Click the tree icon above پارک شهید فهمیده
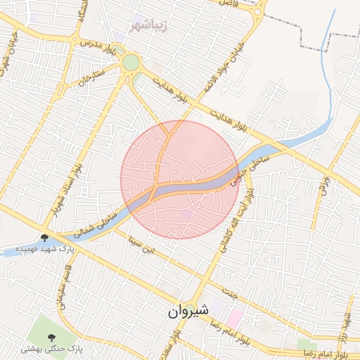[x=46, y=238]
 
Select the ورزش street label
[x=324, y=184]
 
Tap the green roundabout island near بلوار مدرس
[x=131, y=63]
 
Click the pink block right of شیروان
[x=233, y=317]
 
